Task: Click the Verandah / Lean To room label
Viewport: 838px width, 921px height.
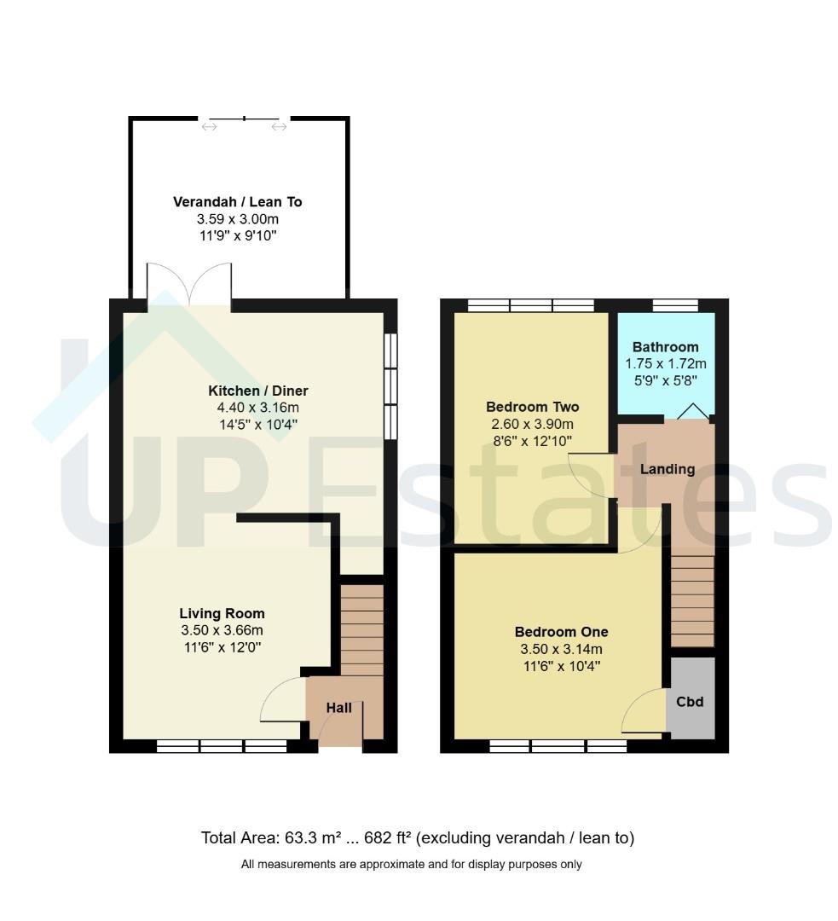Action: point(237,202)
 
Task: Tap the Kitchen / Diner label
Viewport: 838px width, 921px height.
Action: point(257,391)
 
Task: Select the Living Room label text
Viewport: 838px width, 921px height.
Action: point(222,614)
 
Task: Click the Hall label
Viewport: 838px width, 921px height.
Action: point(338,708)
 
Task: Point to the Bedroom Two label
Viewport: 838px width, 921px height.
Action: point(533,407)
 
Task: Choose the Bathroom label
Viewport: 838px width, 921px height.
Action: point(665,347)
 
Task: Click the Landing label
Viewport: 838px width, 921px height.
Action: point(668,469)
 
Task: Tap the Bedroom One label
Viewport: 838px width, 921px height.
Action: point(562,632)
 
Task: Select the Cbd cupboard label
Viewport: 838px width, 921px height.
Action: point(690,702)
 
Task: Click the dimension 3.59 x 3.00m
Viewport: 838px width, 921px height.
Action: point(237,219)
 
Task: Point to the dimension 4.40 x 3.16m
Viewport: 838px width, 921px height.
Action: point(257,408)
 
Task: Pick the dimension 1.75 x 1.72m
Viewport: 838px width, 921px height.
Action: point(665,363)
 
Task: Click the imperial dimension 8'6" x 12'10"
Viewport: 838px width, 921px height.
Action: point(533,441)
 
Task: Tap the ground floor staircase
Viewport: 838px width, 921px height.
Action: point(361,629)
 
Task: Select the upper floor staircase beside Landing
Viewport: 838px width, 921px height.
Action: point(692,601)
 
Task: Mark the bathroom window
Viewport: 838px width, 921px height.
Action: point(675,304)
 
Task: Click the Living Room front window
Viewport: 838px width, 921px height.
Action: point(222,746)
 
